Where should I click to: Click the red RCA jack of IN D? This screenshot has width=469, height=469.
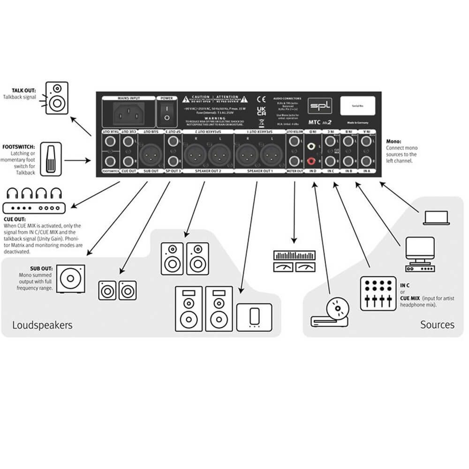(310, 161)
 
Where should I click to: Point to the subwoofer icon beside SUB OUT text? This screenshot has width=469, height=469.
(70, 279)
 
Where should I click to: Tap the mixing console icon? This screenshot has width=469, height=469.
(378, 294)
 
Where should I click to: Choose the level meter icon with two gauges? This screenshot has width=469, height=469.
(294, 261)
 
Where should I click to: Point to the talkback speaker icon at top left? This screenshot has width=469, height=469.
(57, 98)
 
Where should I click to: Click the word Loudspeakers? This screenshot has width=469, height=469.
(42, 325)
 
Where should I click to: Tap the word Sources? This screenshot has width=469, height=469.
(437, 324)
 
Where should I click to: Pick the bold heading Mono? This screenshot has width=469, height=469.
(394, 140)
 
